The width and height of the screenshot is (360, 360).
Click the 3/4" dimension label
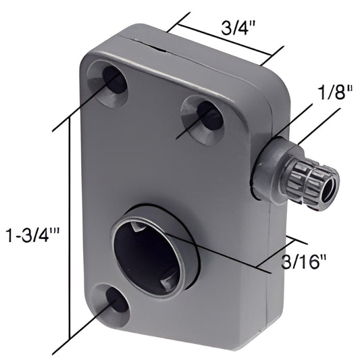pos(238,29)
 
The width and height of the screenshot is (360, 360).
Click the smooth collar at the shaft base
pos(270,172)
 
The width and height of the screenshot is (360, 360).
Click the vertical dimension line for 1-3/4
pos(68,230)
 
